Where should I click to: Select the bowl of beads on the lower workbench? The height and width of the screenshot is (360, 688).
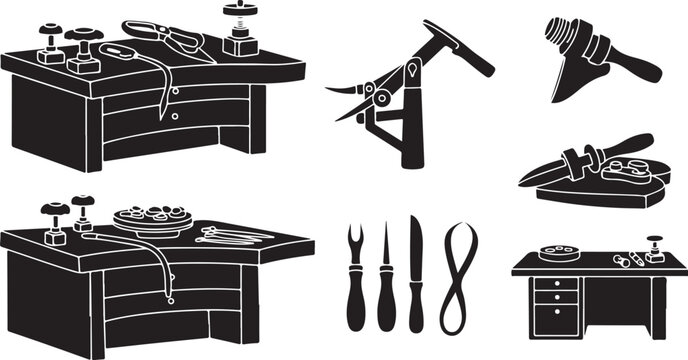pyautogui.click(x=151, y=218)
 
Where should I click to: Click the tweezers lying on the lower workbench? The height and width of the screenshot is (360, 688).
pyautogui.click(x=232, y=236)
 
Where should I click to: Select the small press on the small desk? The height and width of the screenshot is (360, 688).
pyautogui.click(x=655, y=248)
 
